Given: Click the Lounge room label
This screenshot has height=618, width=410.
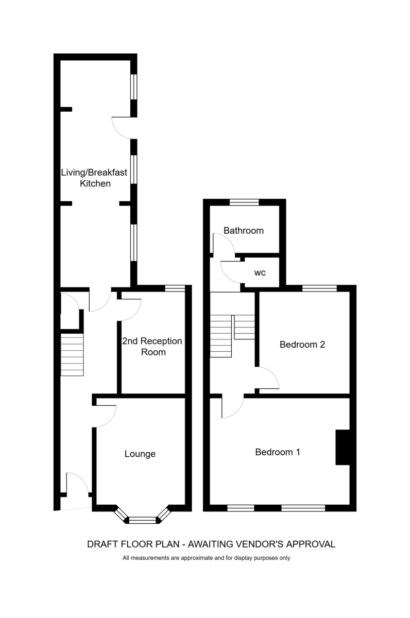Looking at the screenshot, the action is (140, 454).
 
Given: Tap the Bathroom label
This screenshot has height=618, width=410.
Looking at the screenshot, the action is (243, 230).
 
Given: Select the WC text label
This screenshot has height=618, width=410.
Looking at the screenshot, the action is (260, 273).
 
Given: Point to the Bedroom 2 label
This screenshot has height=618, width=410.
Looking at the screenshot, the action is (302, 345).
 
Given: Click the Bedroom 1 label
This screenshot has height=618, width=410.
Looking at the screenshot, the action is (277, 452).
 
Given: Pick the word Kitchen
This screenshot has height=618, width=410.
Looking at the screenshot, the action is (95, 183).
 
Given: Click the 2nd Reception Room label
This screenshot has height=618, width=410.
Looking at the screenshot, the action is (152, 347).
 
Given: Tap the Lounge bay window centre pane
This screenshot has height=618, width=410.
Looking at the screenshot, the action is (142, 520).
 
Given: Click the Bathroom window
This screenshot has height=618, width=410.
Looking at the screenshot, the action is (244, 202).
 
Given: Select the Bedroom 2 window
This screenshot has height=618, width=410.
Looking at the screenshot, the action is (319, 288).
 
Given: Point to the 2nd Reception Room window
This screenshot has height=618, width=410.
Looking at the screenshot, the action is (175, 288).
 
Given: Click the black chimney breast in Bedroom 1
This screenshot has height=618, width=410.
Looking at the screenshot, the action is (343, 447).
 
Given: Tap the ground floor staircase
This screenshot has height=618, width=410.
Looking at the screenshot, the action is (72, 354).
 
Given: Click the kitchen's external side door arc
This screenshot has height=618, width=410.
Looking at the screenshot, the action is (117, 131).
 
